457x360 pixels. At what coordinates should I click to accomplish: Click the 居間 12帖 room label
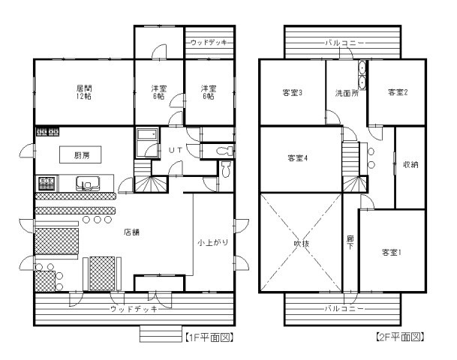pyautogui.click(x=83, y=92)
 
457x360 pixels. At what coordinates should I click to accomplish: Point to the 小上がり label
pyautogui.click(x=212, y=243)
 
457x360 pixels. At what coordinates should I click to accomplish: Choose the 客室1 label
pyautogui.click(x=391, y=252)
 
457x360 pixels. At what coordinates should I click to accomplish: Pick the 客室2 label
pyautogui.click(x=397, y=92)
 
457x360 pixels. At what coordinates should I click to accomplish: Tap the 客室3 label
pyautogui.click(x=292, y=93)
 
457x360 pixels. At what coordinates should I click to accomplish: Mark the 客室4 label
pyautogui.click(x=297, y=158)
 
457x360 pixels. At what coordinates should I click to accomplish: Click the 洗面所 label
pyautogui.click(x=345, y=93)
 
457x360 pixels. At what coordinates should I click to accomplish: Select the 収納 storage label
pyautogui.click(x=410, y=163)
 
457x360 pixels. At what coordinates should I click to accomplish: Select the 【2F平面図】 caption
pyautogui.click(x=400, y=337)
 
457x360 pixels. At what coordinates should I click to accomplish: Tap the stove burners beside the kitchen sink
pyautogui.click(x=45, y=182)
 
